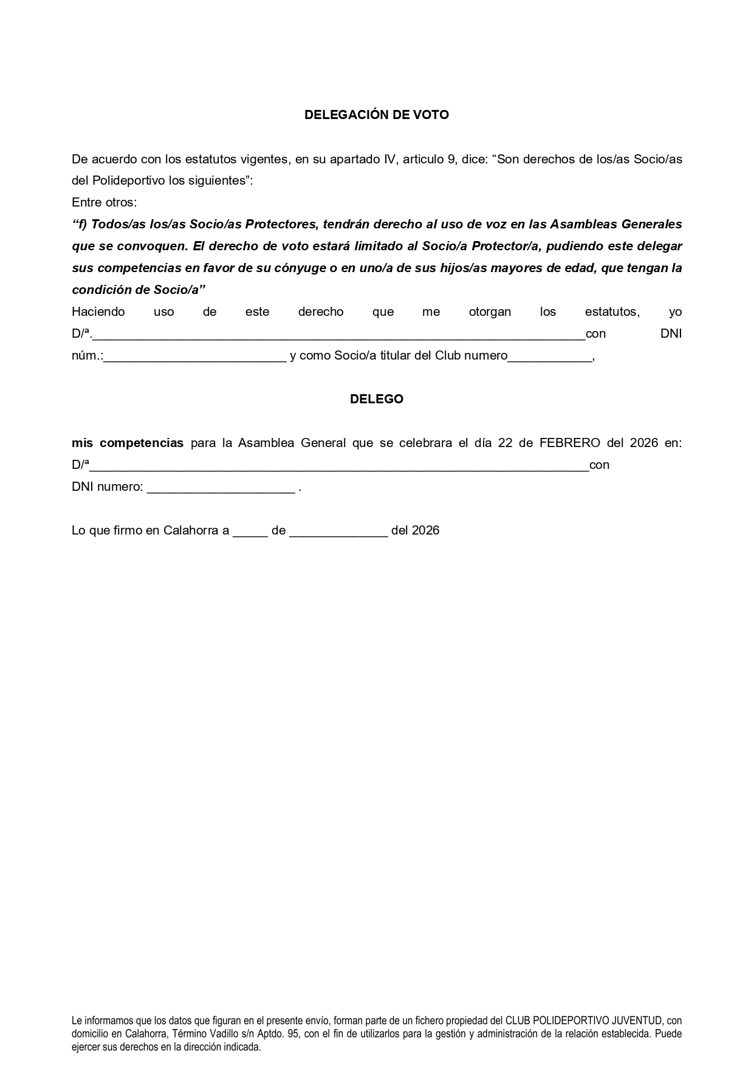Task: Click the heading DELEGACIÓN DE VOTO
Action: (376, 115)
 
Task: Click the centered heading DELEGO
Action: (377, 399)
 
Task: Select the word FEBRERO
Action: (569, 443)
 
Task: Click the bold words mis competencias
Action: (128, 443)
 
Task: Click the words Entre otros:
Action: (104, 202)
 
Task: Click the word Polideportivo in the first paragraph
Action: (128, 180)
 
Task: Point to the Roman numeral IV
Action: (389, 159)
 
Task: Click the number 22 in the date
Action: (505, 443)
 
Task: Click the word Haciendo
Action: (98, 312)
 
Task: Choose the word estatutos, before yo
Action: (612, 312)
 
